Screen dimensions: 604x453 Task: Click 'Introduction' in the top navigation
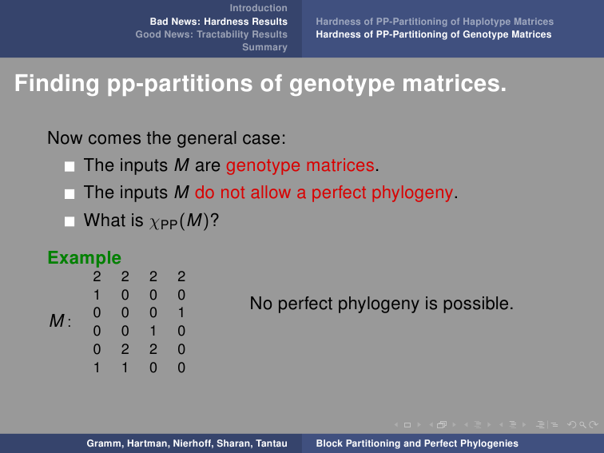point(259,8)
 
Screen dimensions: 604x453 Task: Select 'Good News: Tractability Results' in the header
point(212,34)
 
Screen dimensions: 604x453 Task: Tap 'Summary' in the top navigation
point(264,47)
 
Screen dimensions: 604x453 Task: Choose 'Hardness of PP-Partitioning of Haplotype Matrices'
point(435,22)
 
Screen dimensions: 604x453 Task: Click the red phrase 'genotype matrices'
point(300,165)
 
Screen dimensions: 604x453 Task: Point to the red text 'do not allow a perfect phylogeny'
point(324,193)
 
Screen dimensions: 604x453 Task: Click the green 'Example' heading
point(85,258)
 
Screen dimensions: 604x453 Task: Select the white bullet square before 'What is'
point(70,221)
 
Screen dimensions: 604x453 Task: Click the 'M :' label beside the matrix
point(60,321)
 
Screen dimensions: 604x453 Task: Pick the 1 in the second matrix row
point(97,295)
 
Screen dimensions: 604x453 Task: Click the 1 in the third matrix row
point(181,313)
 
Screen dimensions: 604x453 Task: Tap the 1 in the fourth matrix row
point(153,331)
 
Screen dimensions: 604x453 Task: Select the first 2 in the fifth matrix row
point(125,349)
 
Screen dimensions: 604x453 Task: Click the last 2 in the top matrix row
point(181,276)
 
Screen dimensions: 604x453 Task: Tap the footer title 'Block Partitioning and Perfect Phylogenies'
point(417,443)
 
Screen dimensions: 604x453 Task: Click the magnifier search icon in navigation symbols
point(582,425)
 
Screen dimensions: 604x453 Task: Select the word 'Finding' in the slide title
point(57,84)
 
